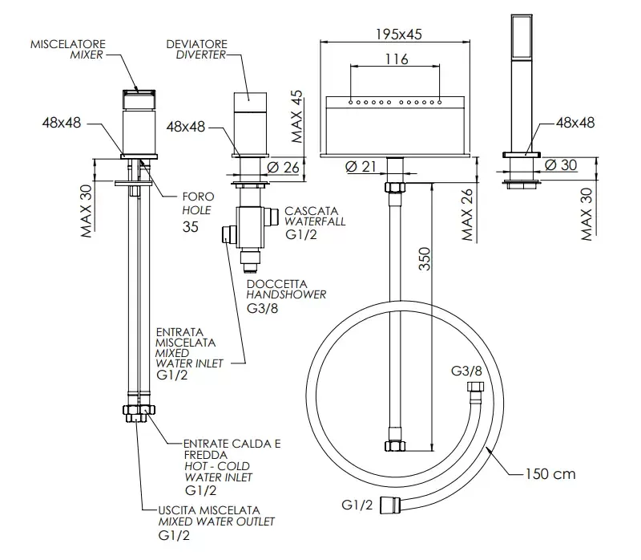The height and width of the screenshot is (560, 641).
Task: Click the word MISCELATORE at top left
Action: (x=68, y=44)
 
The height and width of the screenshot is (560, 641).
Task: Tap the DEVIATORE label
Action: (x=196, y=44)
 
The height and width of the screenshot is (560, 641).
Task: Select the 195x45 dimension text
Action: (x=398, y=34)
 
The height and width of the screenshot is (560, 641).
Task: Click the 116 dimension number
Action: (x=397, y=59)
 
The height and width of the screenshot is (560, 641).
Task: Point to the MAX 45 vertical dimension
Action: (x=297, y=116)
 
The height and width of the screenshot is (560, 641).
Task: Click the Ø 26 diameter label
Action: (x=284, y=168)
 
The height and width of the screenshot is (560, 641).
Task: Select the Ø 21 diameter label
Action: (x=361, y=167)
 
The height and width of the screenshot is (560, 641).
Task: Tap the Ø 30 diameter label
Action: (x=561, y=165)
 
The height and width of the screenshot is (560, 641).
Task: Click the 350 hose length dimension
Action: (x=425, y=258)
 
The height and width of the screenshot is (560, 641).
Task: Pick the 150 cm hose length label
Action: (x=550, y=474)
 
